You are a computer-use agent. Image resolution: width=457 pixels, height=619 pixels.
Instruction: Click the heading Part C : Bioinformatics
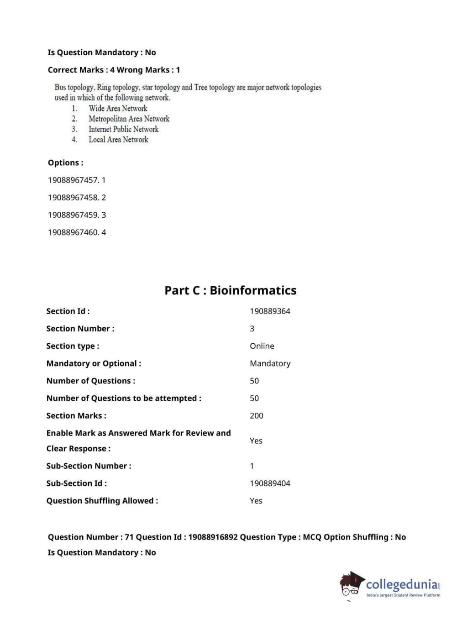[230, 290]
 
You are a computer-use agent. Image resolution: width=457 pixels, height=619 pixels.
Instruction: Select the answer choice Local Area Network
[118, 140]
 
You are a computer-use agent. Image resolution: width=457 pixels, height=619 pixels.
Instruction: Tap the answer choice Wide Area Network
[118, 108]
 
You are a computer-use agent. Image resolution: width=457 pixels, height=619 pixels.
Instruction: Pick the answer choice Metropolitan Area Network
[129, 119]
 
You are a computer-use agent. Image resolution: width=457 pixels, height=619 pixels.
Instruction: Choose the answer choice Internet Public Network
[123, 129]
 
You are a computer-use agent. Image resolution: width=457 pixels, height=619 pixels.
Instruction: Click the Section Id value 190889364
[270, 311]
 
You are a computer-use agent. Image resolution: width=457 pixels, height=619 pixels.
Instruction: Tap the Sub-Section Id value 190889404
[270, 483]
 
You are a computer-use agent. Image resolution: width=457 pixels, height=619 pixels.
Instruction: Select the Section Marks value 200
[256, 416]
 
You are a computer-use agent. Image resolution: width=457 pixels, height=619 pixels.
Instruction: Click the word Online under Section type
[262, 346]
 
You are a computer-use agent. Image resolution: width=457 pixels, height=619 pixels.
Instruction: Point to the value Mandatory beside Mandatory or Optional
[270, 363]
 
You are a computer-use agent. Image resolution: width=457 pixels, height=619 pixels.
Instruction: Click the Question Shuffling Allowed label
[102, 501]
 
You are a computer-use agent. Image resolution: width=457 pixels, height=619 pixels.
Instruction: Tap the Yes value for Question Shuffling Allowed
[256, 501]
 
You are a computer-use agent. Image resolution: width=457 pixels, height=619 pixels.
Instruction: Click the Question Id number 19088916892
[213, 537]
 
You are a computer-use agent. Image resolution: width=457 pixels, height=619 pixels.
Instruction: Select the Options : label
[65, 163]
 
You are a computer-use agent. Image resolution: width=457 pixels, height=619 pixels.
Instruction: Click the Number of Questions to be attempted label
[123, 399]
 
